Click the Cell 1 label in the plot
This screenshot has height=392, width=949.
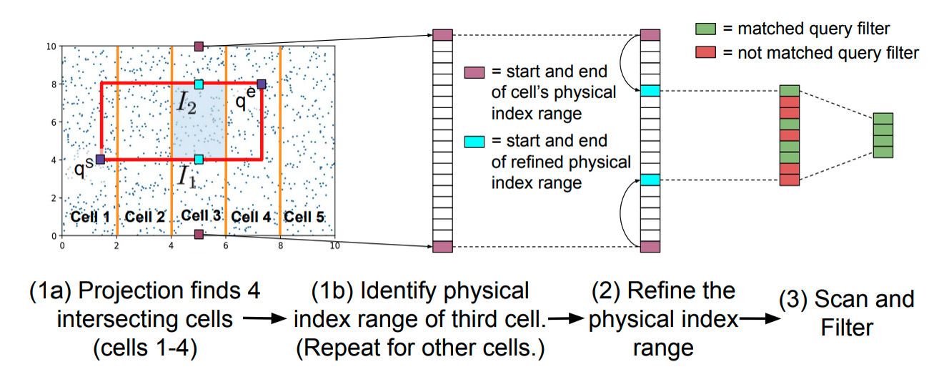(89, 215)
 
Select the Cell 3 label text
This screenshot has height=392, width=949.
(201, 215)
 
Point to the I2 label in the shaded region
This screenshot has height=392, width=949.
(187, 105)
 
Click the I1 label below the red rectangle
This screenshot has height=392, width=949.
(188, 177)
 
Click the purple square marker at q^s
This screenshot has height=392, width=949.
(101, 159)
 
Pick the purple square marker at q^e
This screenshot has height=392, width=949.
(262, 84)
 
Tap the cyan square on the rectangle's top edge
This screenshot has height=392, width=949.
(199, 84)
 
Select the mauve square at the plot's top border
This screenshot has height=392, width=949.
(199, 46)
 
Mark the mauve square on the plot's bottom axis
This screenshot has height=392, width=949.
(199, 234)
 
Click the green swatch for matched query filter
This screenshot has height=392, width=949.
(705, 29)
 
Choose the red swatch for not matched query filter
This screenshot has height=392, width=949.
(705, 52)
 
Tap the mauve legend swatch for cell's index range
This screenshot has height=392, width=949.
(474, 72)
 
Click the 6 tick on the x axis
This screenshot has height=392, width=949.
(226, 245)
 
